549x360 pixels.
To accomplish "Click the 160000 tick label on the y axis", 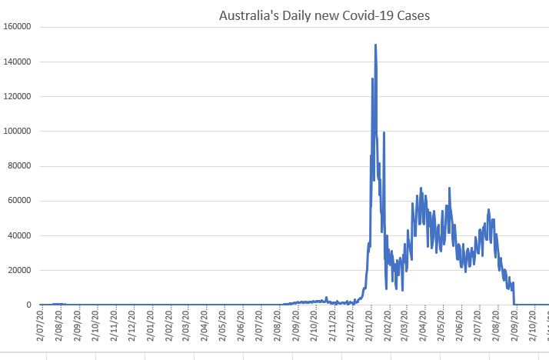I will [x=16, y=27].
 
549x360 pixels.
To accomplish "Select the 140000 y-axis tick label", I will [x=16, y=62].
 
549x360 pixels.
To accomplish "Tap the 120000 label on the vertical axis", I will [x=16, y=96].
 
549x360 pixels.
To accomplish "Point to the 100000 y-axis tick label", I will [x=16, y=131].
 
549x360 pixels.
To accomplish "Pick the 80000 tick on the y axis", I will [x=18, y=166].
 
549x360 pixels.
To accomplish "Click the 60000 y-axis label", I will [x=18, y=201].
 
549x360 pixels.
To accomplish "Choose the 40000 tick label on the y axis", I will [x=18, y=235].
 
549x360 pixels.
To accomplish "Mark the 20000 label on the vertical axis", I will [x=18, y=270].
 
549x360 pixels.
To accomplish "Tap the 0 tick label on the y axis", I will [x=28, y=305].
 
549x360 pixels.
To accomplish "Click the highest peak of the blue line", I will [x=375, y=45].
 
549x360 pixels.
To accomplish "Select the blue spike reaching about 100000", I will [x=384, y=133].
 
